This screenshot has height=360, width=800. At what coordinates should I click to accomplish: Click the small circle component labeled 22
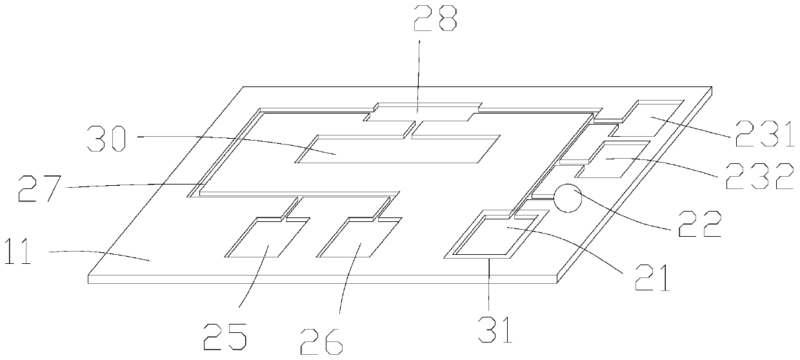568,199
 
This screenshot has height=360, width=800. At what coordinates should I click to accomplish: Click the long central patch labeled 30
396,149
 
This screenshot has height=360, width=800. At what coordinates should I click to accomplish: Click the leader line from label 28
419,77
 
